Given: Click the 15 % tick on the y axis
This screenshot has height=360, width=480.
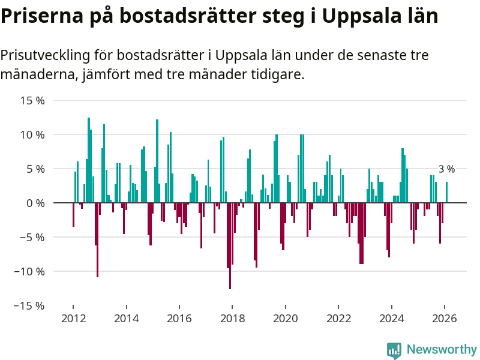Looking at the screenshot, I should pyautogui.click(x=32, y=101).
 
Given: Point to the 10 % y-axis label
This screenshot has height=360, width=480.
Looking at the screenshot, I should pyautogui.click(x=32, y=135).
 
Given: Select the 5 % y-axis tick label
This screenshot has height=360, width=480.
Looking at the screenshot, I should pyautogui.click(x=35, y=169).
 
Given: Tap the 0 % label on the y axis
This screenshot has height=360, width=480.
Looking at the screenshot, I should pyautogui.click(x=35, y=203).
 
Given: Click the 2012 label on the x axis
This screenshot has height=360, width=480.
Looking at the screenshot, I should pyautogui.click(x=73, y=319).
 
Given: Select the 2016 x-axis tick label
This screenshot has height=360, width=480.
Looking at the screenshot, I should pyautogui.click(x=179, y=319).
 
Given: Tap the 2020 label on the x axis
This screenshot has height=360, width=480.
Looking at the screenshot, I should pyautogui.click(x=285, y=319).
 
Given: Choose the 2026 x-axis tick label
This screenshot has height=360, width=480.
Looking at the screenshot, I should pyautogui.click(x=445, y=319).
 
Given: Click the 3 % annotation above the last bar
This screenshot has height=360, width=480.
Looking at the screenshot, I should pyautogui.click(x=446, y=170).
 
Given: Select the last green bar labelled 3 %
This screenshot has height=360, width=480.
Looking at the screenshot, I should pyautogui.click(x=446, y=193).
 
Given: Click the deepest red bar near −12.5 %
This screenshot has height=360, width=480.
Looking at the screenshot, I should pyautogui.click(x=230, y=246).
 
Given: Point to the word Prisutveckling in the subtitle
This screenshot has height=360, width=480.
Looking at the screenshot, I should pyautogui.click(x=44, y=56).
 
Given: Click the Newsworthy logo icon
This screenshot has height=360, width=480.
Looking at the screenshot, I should pyautogui.click(x=394, y=350).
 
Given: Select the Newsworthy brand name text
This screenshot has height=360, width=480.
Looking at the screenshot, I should pyautogui.click(x=442, y=350).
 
